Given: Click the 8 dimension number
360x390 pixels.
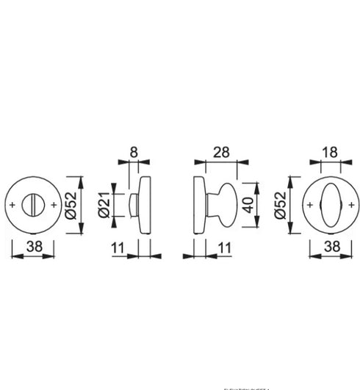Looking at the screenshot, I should click(x=134, y=152).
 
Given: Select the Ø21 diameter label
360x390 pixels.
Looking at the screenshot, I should click(x=103, y=205).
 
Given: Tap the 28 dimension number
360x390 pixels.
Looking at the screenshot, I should click(x=220, y=152).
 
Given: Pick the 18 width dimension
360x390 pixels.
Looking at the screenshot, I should click(x=329, y=152).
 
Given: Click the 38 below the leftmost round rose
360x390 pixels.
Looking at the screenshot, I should click(x=33, y=249).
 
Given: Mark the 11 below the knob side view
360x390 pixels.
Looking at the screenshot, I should click(x=225, y=249).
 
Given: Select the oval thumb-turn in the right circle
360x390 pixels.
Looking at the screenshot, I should click(x=330, y=204).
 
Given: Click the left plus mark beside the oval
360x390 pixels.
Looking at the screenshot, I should click(x=311, y=205).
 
